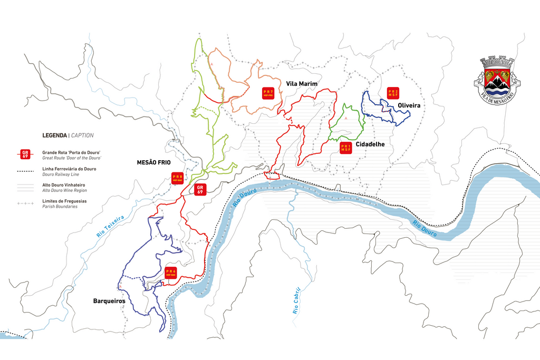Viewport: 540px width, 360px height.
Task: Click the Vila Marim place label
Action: coord(301,83)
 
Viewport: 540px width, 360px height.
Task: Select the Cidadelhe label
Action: coord(370,144)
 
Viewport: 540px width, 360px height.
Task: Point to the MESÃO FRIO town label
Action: coord(153,163)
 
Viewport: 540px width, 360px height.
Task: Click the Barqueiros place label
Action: coord(109,300)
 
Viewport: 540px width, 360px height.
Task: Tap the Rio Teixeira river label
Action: coord(110,226)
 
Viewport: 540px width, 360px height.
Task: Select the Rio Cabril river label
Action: coord(296,301)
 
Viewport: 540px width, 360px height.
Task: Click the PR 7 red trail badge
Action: coord(268,93)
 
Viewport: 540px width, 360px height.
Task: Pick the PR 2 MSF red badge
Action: coord(393,93)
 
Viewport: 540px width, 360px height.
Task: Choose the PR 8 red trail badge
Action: coord(177,178)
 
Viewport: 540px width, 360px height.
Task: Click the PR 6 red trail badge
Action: coord(170,273)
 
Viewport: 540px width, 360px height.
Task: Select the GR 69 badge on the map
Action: coord(200,189)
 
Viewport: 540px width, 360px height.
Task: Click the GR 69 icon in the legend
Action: coord(25,154)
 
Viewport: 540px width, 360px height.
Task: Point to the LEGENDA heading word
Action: coord(55,135)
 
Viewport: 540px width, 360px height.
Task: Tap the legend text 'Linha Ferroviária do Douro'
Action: coord(69,169)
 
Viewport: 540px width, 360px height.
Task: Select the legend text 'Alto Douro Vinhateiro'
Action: coord(63,186)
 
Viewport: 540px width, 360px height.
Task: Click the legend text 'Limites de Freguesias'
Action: coord(64,201)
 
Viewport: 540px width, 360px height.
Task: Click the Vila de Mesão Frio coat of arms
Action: coord(497,77)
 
